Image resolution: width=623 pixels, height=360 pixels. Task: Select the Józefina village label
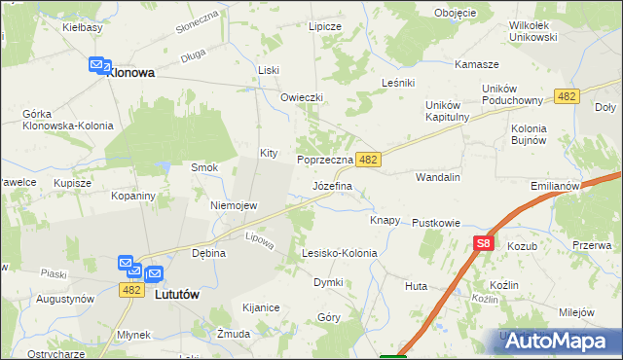coord(332,184)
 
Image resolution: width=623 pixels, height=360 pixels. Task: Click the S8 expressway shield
coord(485,245)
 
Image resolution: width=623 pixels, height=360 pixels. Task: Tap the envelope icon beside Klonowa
coord(98,65)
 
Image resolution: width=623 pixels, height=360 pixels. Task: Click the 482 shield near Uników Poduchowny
coord(568,95)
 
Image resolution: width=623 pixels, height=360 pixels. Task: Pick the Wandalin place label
coord(437,178)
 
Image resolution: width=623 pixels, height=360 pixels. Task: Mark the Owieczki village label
coord(301,97)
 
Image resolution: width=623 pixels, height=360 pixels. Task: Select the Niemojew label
coord(234,205)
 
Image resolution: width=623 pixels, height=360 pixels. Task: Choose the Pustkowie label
coord(435,223)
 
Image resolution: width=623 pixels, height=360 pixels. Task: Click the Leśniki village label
coord(399,83)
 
